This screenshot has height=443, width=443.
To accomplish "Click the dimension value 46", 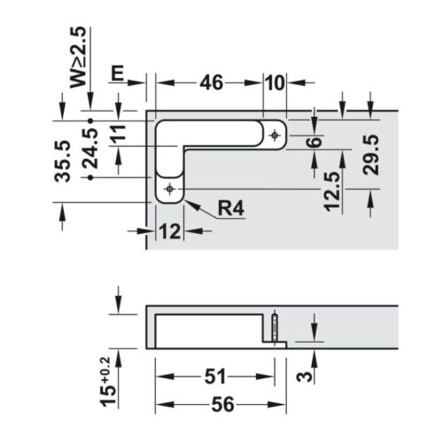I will coord(210,83).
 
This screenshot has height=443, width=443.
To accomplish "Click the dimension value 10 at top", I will coord(274,83).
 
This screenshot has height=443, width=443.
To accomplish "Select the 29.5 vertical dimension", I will coord(371,154).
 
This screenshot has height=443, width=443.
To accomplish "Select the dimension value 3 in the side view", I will coord(304,375).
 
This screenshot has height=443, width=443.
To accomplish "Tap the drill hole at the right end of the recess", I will coord(275,136).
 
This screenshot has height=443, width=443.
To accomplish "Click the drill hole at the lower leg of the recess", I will coord(168,189).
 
